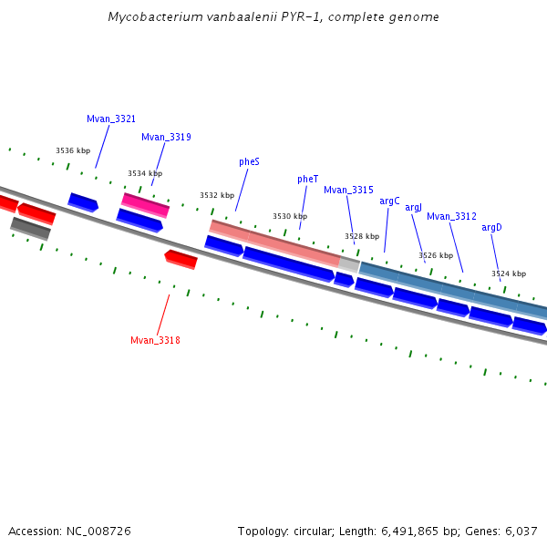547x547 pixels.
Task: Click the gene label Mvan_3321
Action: (x=111, y=119)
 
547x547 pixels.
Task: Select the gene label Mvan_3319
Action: (x=166, y=138)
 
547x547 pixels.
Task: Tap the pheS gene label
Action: (x=250, y=162)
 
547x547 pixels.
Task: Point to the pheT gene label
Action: (x=308, y=180)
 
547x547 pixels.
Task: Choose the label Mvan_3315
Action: (x=348, y=191)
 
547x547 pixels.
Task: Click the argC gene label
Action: (x=389, y=201)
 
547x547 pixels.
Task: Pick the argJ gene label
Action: (x=414, y=208)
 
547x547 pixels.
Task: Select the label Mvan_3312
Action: (x=451, y=217)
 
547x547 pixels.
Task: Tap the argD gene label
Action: (x=491, y=228)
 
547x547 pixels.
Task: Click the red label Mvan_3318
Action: (x=155, y=341)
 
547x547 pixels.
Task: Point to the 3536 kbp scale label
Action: (x=73, y=151)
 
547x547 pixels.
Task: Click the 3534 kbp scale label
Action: (x=145, y=174)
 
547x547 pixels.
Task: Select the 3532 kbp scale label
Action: (x=217, y=196)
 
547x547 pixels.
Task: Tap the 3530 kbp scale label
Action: (x=290, y=217)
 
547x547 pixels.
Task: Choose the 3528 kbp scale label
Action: (x=362, y=237)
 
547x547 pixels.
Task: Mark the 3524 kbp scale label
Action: (x=509, y=274)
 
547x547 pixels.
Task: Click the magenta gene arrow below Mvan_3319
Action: (x=146, y=205)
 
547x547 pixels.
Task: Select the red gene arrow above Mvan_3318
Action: (x=181, y=260)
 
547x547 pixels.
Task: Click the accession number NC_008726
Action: (x=95, y=532)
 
